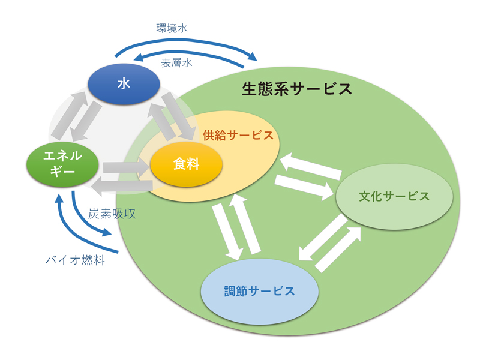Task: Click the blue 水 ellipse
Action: coord(124,84)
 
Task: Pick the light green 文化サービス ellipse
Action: coord(394,196)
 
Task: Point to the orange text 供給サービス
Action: coord(238,134)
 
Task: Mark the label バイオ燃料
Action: coord(76,260)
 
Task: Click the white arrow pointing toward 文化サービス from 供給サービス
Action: coord(304,186)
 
